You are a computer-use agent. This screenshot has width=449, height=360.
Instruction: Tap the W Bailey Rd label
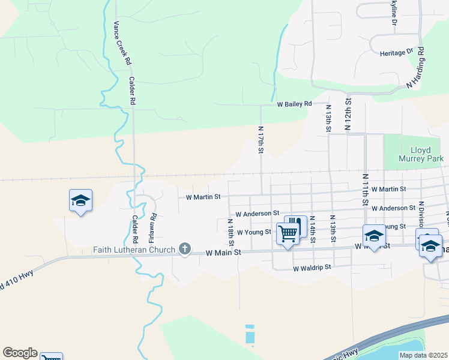294,104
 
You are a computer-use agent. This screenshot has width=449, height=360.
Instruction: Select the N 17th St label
261,139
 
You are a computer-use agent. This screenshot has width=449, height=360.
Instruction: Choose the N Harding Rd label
416,68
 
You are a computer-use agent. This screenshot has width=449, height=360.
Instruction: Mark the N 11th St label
365,189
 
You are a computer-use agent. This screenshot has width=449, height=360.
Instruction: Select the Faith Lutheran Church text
134,250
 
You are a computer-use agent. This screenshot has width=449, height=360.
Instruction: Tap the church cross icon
185,249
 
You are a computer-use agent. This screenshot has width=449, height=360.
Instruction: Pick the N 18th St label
231,232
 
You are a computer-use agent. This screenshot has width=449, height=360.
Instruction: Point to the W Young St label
254,232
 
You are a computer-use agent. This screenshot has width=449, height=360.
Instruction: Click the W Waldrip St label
312,268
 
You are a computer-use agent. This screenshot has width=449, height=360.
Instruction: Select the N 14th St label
313,232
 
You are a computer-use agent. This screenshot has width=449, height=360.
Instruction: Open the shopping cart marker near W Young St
288,232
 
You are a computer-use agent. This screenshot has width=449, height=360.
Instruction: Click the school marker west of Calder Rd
80,200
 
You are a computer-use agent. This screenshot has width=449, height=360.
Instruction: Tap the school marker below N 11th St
373,236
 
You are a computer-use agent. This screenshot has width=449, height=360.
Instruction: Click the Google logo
20,353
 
